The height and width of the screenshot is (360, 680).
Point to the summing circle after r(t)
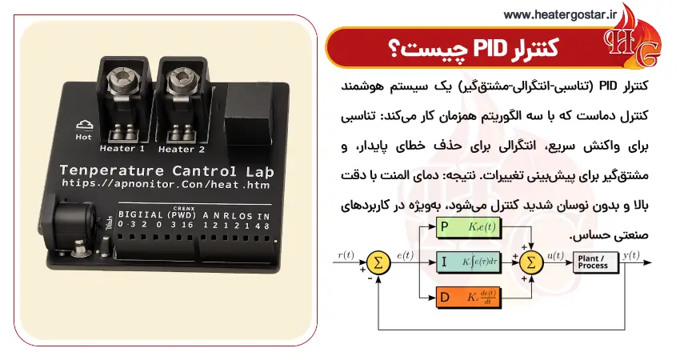tap(376, 261)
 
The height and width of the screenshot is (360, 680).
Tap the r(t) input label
tap(346, 255)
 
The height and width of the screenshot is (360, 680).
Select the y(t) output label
tap(630, 255)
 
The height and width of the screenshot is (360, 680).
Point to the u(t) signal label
tap(555, 255)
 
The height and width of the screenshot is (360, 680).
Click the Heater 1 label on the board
tap(122, 148)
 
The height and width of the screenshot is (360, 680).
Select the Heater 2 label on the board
tap(181, 148)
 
